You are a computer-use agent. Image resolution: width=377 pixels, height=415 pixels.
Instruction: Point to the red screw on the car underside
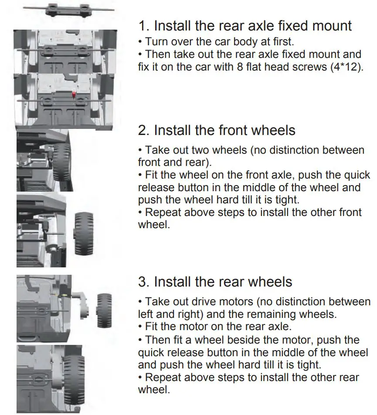tap(75, 94)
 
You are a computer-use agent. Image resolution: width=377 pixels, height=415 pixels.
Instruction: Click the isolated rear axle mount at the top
tap(68, 9)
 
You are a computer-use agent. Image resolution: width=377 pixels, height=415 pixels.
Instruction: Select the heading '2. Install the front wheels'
tap(217, 130)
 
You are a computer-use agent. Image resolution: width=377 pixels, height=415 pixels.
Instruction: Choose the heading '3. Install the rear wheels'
tap(215, 282)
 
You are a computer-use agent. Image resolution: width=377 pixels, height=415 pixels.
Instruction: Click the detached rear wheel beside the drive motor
tap(104, 310)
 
